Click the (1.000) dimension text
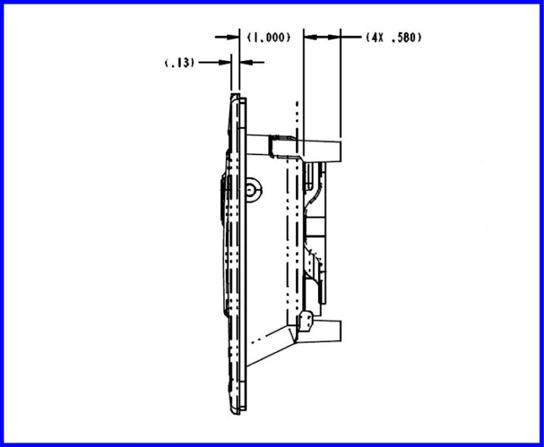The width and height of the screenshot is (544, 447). point(269,37)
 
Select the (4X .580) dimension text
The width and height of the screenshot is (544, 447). point(394,37)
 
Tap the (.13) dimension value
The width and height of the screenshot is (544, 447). point(180,62)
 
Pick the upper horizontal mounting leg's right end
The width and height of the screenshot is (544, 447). point(341,149)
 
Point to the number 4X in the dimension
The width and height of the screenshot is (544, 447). point(375,37)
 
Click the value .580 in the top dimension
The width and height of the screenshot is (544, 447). point(406,37)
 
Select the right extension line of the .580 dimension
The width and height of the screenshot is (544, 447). point(341,85)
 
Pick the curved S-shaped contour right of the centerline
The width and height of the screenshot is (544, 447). point(313,191)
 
